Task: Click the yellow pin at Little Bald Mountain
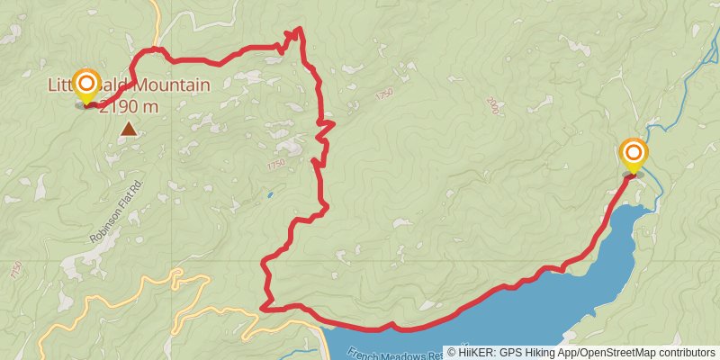[x=86, y=85]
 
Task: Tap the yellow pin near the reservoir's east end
[x=634, y=154]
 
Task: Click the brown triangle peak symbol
[x=130, y=130]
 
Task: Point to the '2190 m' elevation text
[x=129, y=107]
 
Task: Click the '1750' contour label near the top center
[x=385, y=94]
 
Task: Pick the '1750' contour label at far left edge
[x=14, y=269]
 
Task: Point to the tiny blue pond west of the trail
[x=269, y=193]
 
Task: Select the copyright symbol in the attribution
[x=452, y=352]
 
